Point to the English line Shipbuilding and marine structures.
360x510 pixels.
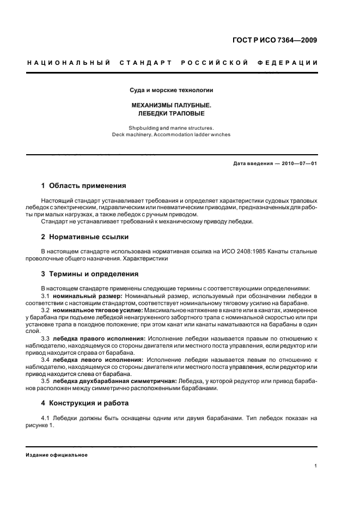pos(171,127)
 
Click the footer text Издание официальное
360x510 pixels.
pos(57,454)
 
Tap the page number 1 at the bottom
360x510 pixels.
pos(316,466)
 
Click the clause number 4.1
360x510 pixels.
pos(46,418)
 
